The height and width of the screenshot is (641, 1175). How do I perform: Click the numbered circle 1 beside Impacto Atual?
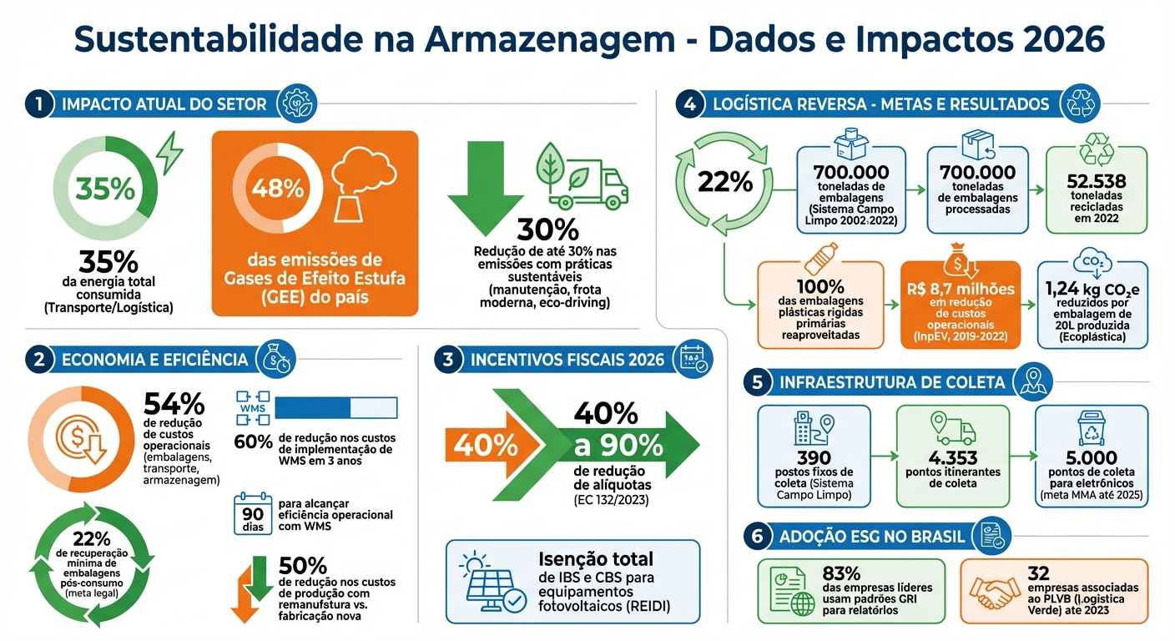[39, 104]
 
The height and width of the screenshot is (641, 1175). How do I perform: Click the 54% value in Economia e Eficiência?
[174, 404]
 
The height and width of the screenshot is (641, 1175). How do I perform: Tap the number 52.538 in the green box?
[1097, 181]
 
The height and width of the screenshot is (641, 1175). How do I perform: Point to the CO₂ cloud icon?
[1092, 262]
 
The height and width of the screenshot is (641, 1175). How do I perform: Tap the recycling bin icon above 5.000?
[1092, 427]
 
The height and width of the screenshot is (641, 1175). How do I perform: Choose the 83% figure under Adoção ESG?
[841, 574]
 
